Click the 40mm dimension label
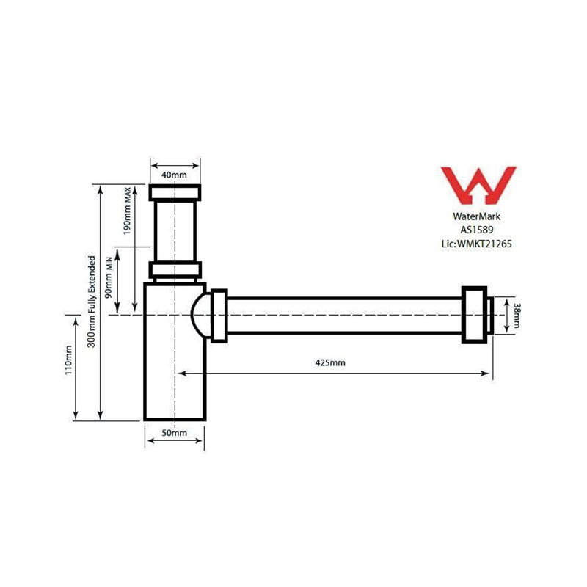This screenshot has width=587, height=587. pyautogui.click(x=175, y=175)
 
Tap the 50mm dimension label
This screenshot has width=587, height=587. pyautogui.click(x=175, y=434)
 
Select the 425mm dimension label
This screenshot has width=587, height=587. pyautogui.click(x=330, y=363)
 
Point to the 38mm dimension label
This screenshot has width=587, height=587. pyautogui.click(x=517, y=315)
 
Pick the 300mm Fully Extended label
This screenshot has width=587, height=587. pyautogui.click(x=92, y=302)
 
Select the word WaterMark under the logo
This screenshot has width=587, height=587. pyautogui.click(x=477, y=216)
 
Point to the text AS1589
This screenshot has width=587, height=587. pyautogui.click(x=477, y=230)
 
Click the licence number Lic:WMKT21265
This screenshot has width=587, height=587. pyautogui.click(x=477, y=243)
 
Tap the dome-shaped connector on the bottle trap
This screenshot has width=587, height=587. pyautogui.click(x=199, y=315)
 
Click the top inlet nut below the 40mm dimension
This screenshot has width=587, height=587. pyautogui.click(x=175, y=193)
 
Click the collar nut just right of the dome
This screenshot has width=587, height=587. pyautogui.click(x=219, y=315)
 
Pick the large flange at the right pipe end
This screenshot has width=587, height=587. pyautogui.click(x=474, y=315)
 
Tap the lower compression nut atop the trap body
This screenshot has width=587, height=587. pyautogui.click(x=175, y=270)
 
